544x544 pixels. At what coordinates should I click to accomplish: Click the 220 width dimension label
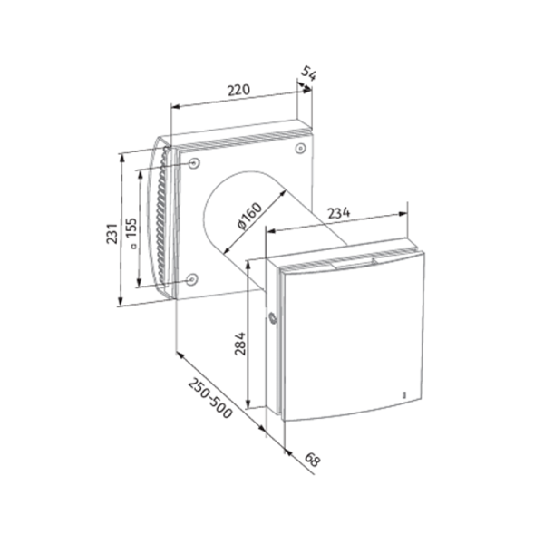(238, 90)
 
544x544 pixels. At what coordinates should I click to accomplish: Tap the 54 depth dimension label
(308, 73)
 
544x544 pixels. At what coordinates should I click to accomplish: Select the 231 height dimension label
(112, 234)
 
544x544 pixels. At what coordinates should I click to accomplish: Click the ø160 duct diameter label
(250, 216)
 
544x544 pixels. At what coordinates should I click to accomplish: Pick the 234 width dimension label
(339, 213)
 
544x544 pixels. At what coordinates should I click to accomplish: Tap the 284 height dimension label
(240, 344)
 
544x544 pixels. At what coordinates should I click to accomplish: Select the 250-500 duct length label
(210, 398)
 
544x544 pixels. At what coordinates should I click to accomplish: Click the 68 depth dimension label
(312, 460)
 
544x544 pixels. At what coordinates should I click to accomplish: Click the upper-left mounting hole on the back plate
(194, 162)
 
